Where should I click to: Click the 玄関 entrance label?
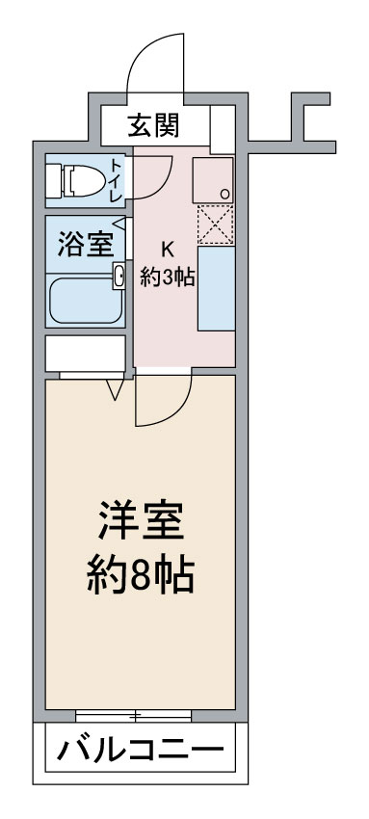coord(153,125)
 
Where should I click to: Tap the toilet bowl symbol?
coord(76,181)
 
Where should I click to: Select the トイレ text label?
coord(116,180)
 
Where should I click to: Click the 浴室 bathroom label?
coord(85,246)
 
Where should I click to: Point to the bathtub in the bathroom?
coord(86,301)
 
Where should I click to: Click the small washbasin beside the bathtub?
coord(119,276)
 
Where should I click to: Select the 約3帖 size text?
coord(167,277)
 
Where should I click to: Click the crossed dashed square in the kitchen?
coord(215,225)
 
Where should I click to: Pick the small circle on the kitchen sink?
coord(224,194)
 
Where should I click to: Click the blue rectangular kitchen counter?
coord(216,288)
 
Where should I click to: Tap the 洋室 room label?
coord(141,519)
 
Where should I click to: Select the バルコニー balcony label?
coord(140,750)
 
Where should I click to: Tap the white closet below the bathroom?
coord(86,353)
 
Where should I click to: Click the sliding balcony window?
coord(133,716)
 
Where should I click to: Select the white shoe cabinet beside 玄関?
coord(223,129)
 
